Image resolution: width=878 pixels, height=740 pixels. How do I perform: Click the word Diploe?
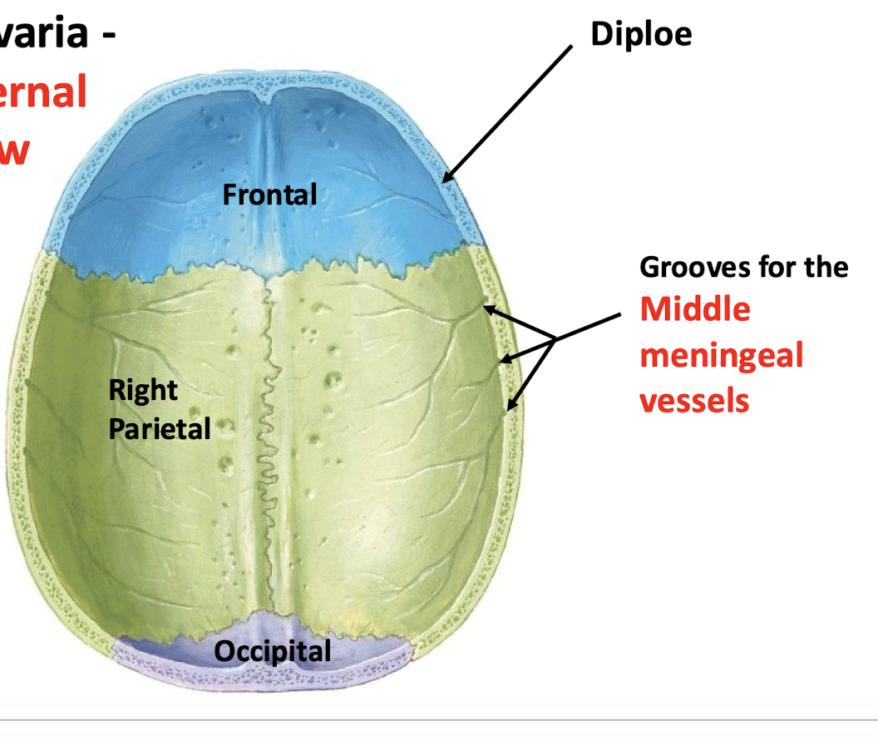[641, 34]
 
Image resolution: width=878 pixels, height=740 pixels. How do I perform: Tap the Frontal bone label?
[269, 195]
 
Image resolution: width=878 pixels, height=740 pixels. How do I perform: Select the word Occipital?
[273, 651]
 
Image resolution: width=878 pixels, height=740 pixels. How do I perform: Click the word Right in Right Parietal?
[143, 390]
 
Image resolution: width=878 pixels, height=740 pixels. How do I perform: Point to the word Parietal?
[160, 428]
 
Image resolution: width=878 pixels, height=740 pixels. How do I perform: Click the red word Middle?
[695, 309]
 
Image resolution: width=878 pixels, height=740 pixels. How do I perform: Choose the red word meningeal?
[722, 355]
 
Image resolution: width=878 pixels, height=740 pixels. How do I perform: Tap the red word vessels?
[694, 401]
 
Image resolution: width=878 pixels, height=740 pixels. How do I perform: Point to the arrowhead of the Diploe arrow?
[446, 180]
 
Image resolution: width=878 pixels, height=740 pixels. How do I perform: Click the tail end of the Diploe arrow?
[572, 47]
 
